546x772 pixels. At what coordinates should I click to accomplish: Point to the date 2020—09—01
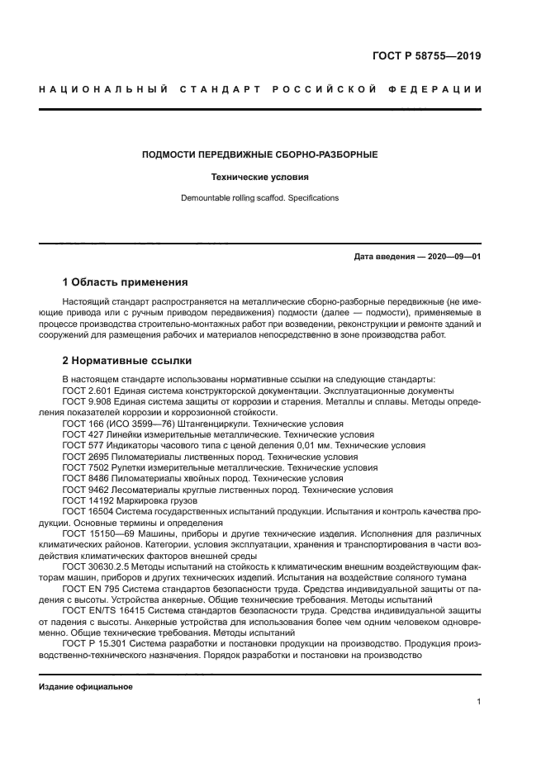pyautogui.click(x=453, y=257)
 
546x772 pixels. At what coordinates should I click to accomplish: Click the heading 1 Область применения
pyautogui.click(x=126, y=282)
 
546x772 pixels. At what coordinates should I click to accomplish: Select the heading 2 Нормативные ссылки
pyautogui.click(x=127, y=360)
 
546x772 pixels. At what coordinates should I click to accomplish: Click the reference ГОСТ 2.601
pyautogui.click(x=85, y=390)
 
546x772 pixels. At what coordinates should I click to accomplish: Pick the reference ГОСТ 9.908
pyautogui.click(x=85, y=400)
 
